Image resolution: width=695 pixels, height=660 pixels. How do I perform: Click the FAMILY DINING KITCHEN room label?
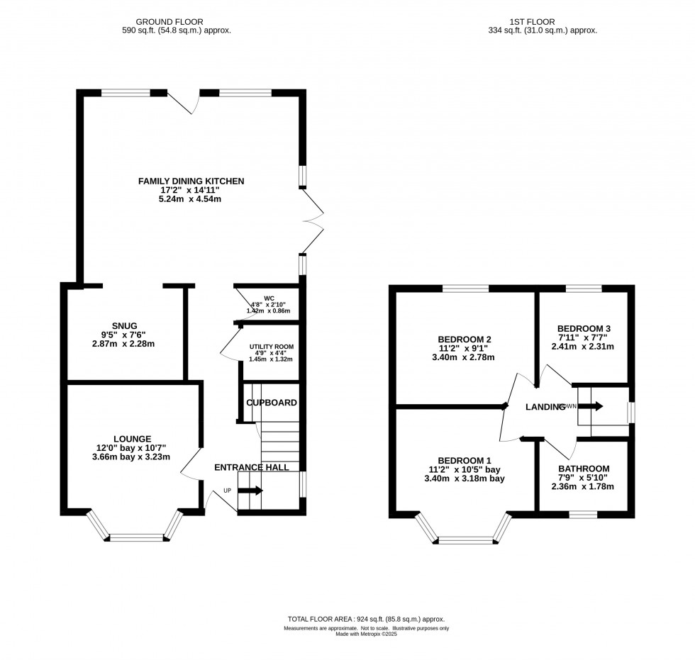point(191,181)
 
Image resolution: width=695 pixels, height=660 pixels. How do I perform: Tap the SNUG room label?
point(123,325)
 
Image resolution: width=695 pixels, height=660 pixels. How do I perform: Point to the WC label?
point(269,298)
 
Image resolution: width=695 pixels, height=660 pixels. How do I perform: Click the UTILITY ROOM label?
point(271,347)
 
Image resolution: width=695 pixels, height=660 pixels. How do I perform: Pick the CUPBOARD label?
point(272,403)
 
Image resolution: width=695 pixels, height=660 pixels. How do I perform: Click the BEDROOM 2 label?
point(465,338)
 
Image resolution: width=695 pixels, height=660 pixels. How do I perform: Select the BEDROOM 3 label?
point(584,328)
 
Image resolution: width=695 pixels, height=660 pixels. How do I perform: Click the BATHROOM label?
point(584,469)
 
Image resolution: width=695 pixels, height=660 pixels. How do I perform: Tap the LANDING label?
point(545,407)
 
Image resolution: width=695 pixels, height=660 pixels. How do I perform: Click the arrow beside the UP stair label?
point(250,491)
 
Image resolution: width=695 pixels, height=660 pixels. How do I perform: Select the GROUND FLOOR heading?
point(176,22)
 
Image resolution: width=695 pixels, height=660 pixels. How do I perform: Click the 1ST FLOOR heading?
point(543,22)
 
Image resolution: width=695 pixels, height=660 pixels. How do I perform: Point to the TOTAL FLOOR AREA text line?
point(366,619)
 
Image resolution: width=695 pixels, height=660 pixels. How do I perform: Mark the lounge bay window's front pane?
point(140,538)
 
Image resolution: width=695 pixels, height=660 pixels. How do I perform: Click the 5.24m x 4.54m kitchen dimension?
point(191,200)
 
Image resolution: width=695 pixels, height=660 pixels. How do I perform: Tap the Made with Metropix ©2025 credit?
point(366,634)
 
